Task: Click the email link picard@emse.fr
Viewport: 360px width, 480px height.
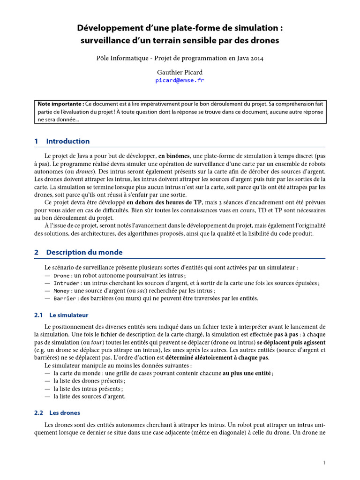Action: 180,80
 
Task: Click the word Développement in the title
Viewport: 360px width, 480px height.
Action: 108,29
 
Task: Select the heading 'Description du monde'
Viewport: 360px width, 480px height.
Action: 84,252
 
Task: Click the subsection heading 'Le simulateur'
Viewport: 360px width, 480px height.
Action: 68,315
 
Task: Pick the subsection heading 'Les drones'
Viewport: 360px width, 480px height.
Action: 65,413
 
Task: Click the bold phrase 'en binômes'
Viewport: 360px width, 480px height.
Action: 174,155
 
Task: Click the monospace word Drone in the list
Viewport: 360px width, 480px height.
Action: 61,276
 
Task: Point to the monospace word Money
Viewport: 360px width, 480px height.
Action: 61,291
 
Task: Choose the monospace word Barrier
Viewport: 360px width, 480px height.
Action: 64,298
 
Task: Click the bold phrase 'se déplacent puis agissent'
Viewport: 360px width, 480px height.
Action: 291,343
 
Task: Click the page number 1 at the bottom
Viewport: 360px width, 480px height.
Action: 324,463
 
